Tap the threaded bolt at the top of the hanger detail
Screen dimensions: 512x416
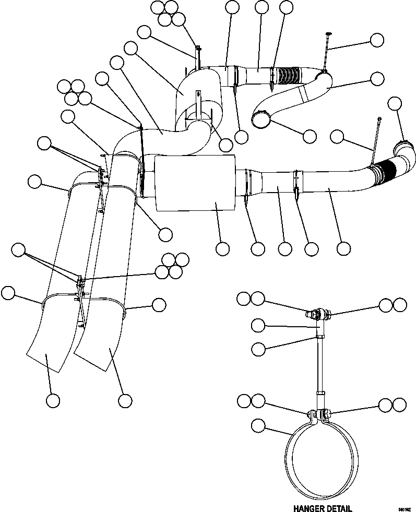(319, 314)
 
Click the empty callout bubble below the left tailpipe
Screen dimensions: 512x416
(52, 400)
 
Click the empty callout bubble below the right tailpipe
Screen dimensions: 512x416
(124, 400)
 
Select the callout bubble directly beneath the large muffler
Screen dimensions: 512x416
(223, 249)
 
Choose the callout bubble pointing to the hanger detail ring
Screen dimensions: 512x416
(257, 426)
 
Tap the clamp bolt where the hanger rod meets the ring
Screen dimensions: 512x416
(318, 414)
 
